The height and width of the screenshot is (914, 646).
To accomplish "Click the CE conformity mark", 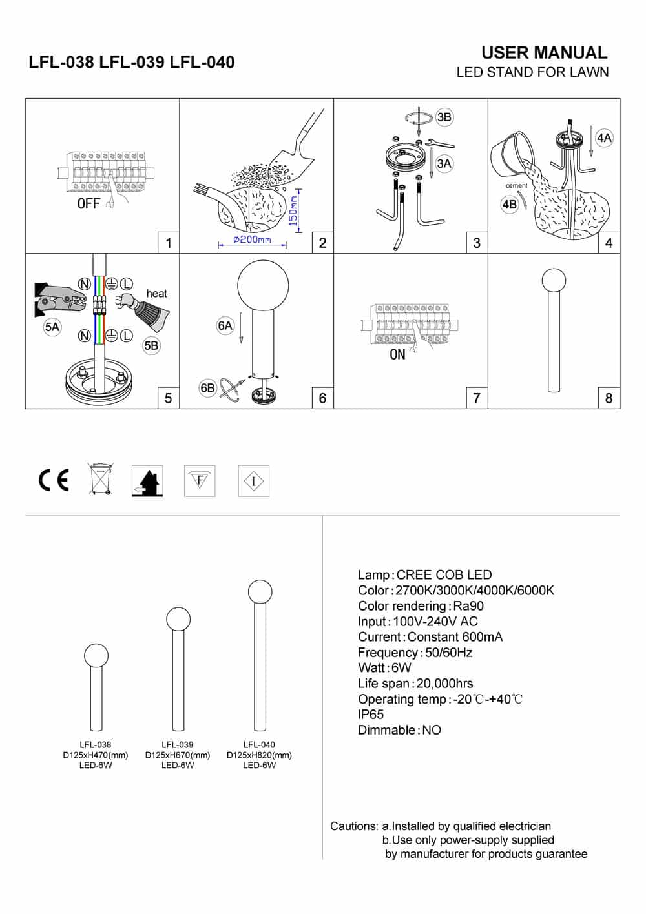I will pos(53,480).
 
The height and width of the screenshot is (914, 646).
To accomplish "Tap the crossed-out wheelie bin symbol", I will pos(99,480).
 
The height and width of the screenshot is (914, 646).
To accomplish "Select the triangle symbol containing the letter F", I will pos(200,481).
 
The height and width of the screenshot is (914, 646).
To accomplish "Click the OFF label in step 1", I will pos(89,204).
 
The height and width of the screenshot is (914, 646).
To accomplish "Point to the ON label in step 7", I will pos(397,354).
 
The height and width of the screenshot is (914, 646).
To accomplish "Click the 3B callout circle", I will pos(444,117).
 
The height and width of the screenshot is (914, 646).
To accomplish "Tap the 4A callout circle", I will pos(604,137).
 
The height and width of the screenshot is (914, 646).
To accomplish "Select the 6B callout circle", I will pos(207,388).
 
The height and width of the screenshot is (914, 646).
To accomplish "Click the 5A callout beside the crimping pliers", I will pos(52,327).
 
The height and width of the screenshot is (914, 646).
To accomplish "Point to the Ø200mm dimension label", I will pos(252,239).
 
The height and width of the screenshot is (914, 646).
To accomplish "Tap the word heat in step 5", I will pos(156,294).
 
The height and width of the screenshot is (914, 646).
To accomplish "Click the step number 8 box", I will pos(609,398).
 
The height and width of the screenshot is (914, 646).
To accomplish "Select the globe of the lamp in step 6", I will pos(263,285).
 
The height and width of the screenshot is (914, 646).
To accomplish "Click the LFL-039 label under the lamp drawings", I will pos(178,744).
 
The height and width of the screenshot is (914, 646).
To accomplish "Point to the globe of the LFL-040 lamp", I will pos(260,592).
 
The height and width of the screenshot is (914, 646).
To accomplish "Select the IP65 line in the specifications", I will pos(371,715).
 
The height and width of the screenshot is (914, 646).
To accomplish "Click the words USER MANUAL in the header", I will pos(544,53).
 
